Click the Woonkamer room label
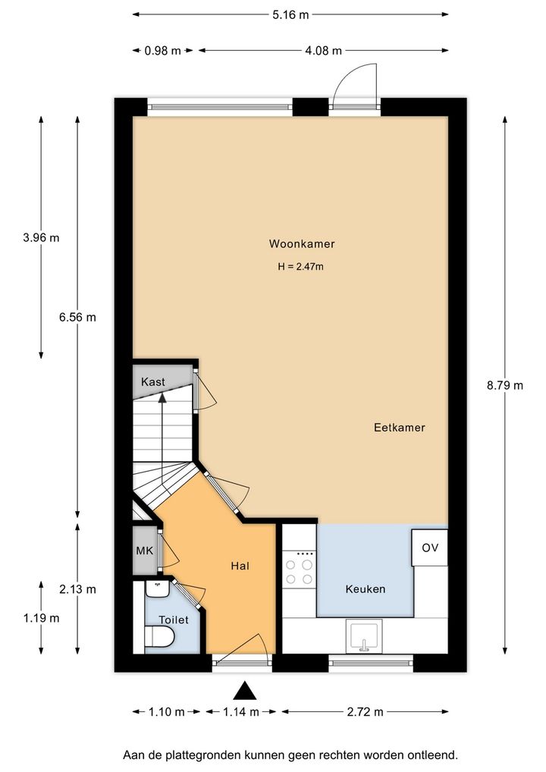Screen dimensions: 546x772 [x=302, y=243]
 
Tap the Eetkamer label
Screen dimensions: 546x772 [x=400, y=428]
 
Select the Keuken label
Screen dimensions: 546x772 [x=366, y=588]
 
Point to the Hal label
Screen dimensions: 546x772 [x=240, y=566]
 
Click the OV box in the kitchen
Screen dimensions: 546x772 [x=430, y=548]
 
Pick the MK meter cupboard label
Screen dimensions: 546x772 [x=145, y=551]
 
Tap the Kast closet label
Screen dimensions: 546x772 [x=153, y=381]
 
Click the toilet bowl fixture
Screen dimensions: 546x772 [x=160, y=636]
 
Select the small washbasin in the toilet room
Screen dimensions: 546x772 [x=157, y=588]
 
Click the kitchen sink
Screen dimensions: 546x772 [x=364, y=636]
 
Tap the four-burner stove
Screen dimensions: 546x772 [x=300, y=572]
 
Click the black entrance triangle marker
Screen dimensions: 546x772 [x=245, y=691]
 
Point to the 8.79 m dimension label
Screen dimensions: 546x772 [x=505, y=385]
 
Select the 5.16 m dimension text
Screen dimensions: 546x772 [x=290, y=14]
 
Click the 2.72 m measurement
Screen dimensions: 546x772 [x=365, y=712]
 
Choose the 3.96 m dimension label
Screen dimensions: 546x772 [x=42, y=238]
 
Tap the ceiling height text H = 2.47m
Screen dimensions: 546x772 [x=301, y=267]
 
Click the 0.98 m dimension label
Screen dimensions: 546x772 [x=162, y=51]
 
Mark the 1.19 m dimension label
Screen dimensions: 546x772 [x=42, y=618]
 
